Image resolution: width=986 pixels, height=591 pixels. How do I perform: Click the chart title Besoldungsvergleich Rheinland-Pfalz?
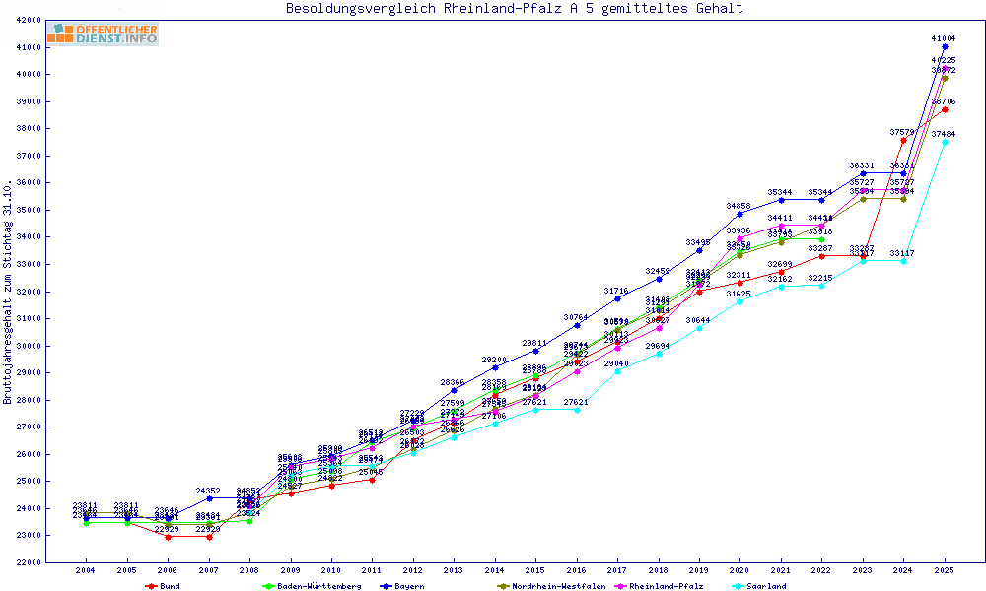click(514, 9)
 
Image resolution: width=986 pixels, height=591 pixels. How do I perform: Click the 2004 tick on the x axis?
click(86, 570)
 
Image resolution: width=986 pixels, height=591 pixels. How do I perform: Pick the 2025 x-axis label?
click(945, 570)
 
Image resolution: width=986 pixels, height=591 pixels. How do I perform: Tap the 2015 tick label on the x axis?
click(535, 570)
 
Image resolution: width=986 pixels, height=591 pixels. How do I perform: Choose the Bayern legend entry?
click(406, 586)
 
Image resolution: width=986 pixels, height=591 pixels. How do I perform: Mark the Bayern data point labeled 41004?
click(945, 46)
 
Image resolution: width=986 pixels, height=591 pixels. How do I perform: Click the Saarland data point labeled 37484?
click(945, 142)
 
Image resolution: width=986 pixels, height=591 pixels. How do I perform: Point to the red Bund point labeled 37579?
click(903, 140)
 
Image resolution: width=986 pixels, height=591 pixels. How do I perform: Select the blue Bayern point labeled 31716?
click(617, 298)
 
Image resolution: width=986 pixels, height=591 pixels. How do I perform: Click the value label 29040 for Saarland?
click(617, 363)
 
